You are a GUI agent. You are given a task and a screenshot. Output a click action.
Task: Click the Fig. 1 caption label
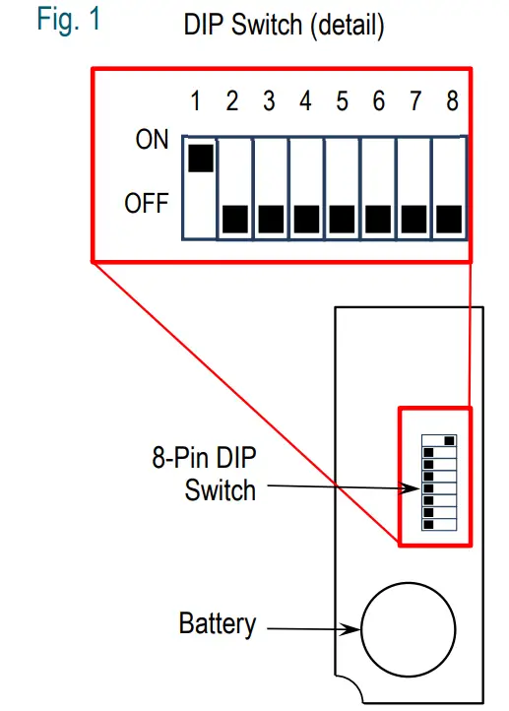pyautogui.click(x=69, y=21)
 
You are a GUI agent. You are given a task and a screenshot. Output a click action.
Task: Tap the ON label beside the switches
pyautogui.click(x=153, y=141)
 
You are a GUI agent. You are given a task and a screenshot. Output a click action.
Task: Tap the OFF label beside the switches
pyautogui.click(x=147, y=205)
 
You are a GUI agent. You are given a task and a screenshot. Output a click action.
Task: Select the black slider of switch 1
pyautogui.click(x=200, y=158)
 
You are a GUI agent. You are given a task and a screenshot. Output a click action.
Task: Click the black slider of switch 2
pyautogui.click(x=234, y=219)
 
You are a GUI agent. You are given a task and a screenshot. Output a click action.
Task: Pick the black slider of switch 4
pyautogui.click(x=305, y=219)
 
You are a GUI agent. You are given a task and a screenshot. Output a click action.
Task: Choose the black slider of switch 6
pyautogui.click(x=377, y=219)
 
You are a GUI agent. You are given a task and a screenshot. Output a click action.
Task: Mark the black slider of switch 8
pyautogui.click(x=448, y=219)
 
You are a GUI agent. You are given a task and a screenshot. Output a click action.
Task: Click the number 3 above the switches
pyautogui.click(x=269, y=101)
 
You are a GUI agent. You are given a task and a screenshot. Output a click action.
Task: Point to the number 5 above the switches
pyautogui.click(x=342, y=101)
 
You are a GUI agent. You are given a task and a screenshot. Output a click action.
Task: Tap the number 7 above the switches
pyautogui.click(x=414, y=101)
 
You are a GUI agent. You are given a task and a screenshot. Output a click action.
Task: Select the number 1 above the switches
pyautogui.click(x=196, y=101)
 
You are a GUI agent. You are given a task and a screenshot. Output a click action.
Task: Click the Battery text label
pyautogui.click(x=218, y=623)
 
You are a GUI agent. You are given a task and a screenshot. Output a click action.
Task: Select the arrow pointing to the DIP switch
pyautogui.click(x=340, y=486)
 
